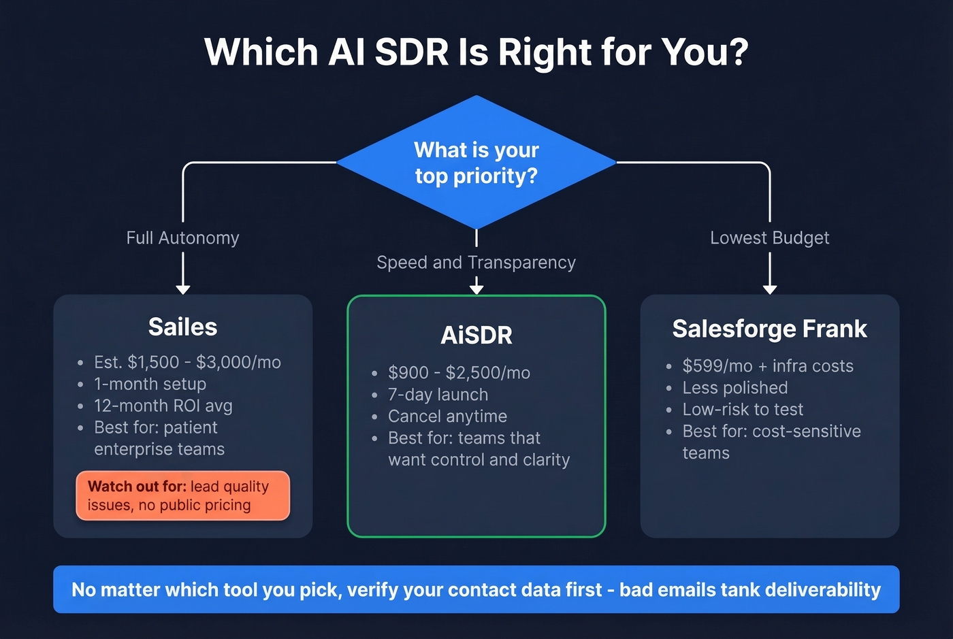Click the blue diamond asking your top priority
click(476, 163)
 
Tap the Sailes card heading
click(182, 327)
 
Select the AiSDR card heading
click(476, 335)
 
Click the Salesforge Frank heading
click(769, 329)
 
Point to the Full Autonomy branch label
click(182, 238)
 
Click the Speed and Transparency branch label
click(476, 263)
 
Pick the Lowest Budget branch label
click(769, 238)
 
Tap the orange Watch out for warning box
click(182, 495)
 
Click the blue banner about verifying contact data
click(476, 589)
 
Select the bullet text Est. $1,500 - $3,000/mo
click(187, 362)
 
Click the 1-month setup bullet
click(150, 384)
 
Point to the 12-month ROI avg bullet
click(163, 406)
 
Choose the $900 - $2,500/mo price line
click(459, 373)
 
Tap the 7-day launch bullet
click(438, 395)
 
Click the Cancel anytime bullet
click(447, 416)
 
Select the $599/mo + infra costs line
click(768, 366)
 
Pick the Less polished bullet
click(735, 388)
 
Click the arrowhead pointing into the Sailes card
click(182, 289)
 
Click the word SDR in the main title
click(411, 52)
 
